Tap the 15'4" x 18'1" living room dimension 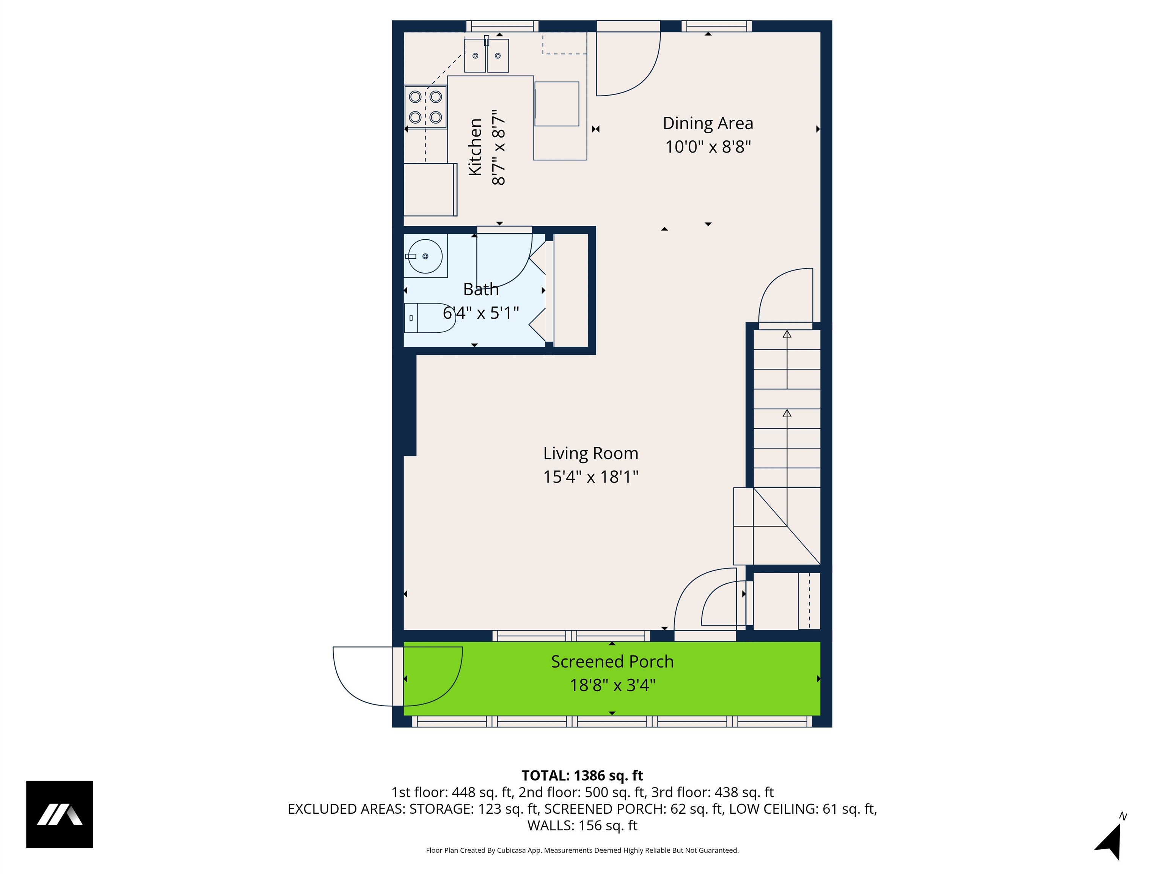[590, 477]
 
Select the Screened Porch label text [612, 662]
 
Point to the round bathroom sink [425, 256]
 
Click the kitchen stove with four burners [425, 107]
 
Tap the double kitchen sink [486, 55]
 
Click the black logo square [60, 814]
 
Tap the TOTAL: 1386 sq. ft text [582, 775]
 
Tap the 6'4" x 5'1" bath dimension [480, 313]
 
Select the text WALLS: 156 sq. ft [582, 825]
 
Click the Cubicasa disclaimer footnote [582, 850]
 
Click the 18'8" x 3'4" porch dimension [612, 685]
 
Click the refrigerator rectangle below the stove [430, 189]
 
